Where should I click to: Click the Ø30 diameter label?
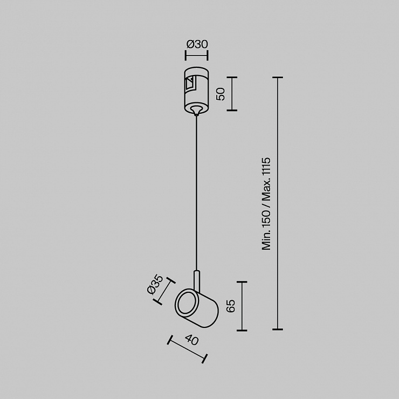click(x=197, y=44)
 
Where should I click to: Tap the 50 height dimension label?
click(x=221, y=94)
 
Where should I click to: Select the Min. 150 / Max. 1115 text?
click(x=266, y=204)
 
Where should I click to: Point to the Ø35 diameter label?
click(x=155, y=284)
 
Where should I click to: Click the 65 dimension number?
click(x=231, y=306)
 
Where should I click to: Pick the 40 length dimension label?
click(x=192, y=340)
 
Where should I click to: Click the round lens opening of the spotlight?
click(x=187, y=304)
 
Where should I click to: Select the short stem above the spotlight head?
click(x=196, y=280)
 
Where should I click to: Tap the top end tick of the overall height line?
click(x=278, y=77)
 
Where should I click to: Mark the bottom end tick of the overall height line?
click(x=278, y=329)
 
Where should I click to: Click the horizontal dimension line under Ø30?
click(x=197, y=55)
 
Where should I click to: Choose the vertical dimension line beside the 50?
click(x=232, y=94)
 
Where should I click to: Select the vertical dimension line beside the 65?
click(x=242, y=306)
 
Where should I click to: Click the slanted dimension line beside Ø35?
click(x=164, y=291)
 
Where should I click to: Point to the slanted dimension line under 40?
click(x=187, y=349)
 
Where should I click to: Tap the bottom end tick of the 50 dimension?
click(x=232, y=111)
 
